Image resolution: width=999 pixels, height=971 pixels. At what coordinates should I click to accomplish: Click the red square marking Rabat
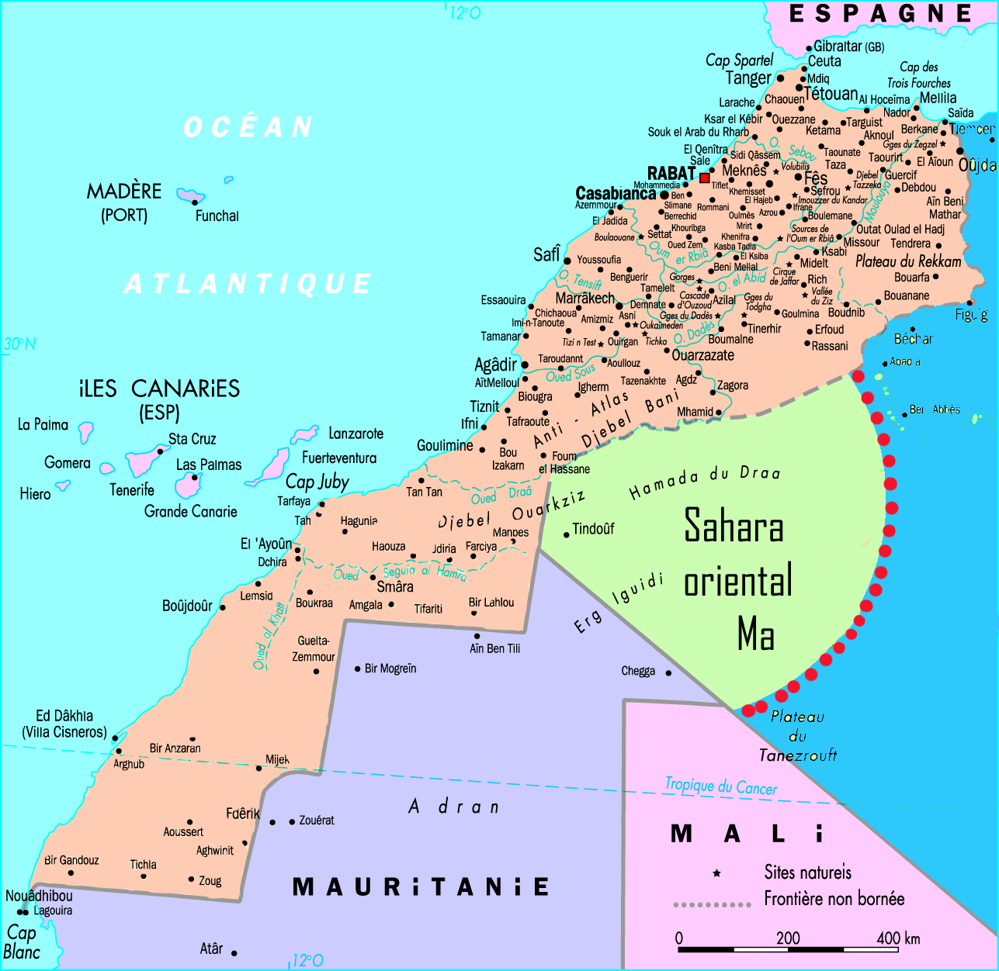pyautogui.click(x=705, y=178)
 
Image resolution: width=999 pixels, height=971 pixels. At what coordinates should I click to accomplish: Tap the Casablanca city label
pyautogui.click(x=616, y=193)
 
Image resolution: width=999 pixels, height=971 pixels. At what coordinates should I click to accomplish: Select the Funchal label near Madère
pyautogui.click(x=217, y=216)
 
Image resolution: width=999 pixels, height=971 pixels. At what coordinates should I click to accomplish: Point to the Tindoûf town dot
pyautogui.click(x=567, y=534)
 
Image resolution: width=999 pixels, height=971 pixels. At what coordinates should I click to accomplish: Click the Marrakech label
pyautogui.click(x=584, y=298)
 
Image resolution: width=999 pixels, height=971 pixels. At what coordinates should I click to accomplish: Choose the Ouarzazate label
pyautogui.click(x=702, y=355)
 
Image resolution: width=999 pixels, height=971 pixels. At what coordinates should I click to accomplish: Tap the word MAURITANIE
pyautogui.click(x=420, y=886)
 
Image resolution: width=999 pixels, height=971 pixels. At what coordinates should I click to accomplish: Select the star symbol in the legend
pyautogui.click(x=716, y=873)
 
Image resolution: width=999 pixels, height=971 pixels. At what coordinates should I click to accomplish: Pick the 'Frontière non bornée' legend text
pyautogui.click(x=834, y=899)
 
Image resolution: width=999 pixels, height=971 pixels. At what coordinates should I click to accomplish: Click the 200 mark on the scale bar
pyautogui.click(x=788, y=938)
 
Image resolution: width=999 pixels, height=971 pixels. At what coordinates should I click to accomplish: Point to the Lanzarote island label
pyautogui.click(x=356, y=434)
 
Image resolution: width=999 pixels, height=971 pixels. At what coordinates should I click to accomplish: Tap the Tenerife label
pyautogui.click(x=132, y=490)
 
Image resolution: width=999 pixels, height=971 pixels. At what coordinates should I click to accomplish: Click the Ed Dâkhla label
pyautogui.click(x=64, y=716)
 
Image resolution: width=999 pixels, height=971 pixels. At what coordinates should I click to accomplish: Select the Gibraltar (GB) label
pyautogui.click(x=848, y=47)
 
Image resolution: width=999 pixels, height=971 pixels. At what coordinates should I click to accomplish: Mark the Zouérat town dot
pyautogui.click(x=292, y=821)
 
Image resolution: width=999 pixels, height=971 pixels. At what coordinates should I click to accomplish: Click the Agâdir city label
pyautogui.click(x=495, y=365)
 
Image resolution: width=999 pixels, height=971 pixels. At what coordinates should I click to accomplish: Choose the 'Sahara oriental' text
pyautogui.click(x=736, y=555)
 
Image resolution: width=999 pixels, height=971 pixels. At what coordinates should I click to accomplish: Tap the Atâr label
pyautogui.click(x=211, y=949)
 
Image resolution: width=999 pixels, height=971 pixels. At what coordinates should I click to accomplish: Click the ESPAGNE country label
pyautogui.click(x=880, y=14)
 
